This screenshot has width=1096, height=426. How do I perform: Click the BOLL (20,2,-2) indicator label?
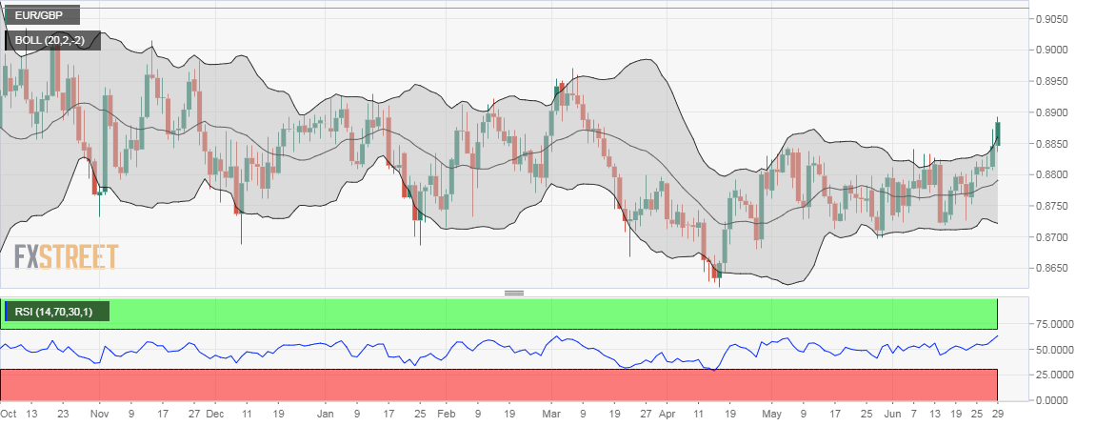[x=52, y=41]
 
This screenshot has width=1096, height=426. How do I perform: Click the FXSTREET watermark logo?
[x=66, y=256]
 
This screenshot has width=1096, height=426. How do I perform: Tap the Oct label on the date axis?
[x=9, y=415]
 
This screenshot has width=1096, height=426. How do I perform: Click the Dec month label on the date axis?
[x=215, y=415]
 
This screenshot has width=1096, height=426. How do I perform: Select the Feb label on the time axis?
[x=447, y=415]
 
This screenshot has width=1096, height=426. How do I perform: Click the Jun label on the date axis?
[x=891, y=415]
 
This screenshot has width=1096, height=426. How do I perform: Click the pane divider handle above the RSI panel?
[x=514, y=293]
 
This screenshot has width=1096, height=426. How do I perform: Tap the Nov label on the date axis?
[x=100, y=415]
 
